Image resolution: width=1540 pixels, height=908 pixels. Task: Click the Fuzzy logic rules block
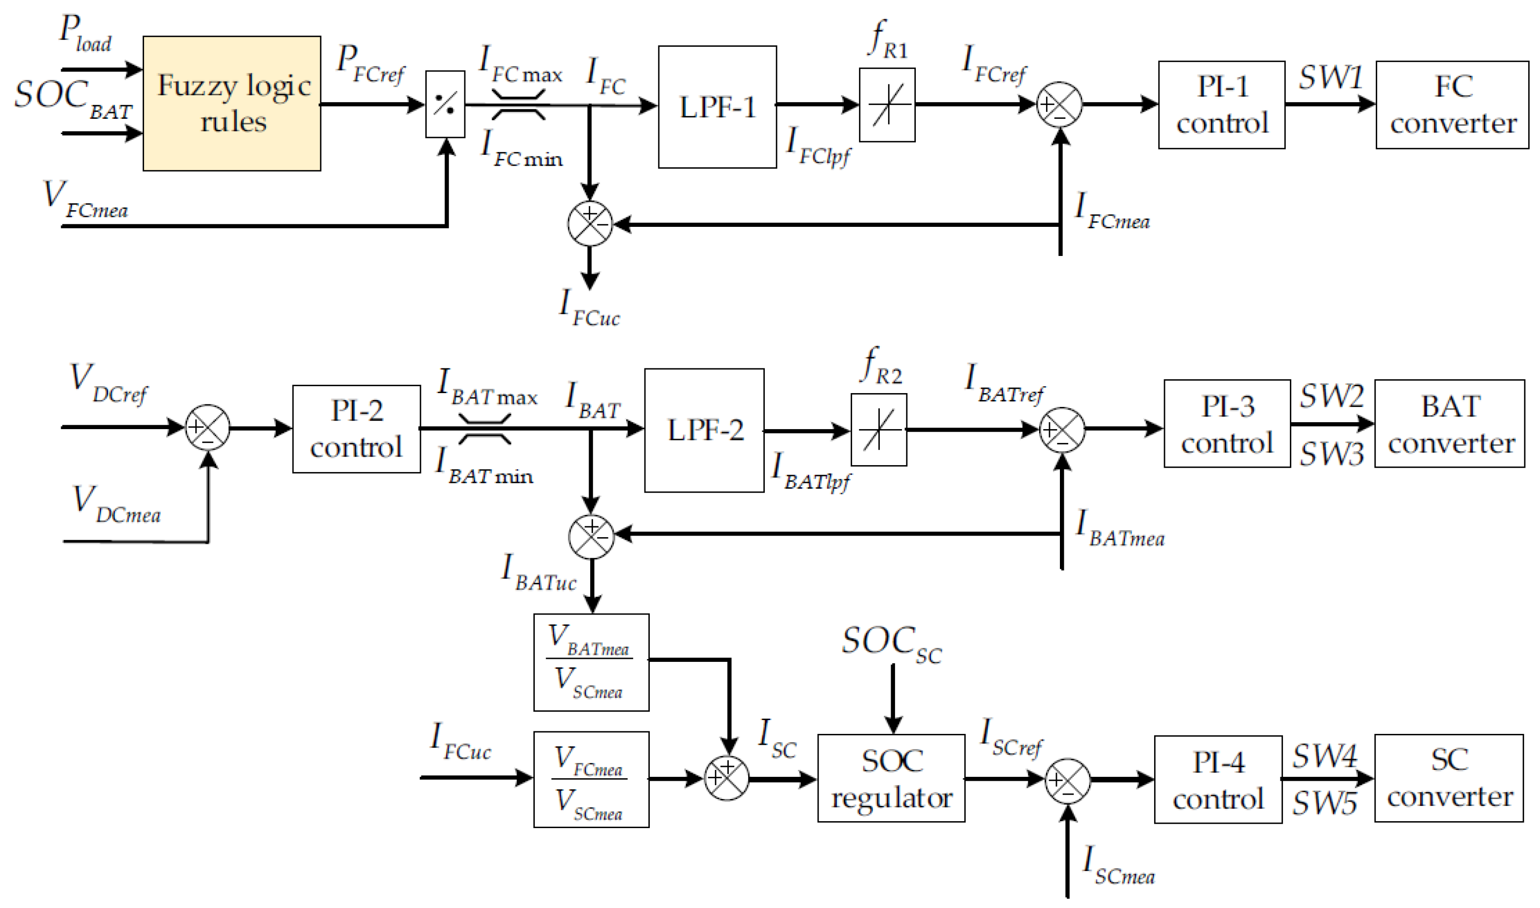pos(231,104)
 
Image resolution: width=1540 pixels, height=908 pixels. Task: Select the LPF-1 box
pos(717,107)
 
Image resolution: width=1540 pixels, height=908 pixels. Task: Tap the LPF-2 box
pos(704,430)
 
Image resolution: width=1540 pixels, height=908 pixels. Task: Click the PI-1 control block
pos(1221,105)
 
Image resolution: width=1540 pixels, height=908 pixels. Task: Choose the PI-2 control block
pos(356,429)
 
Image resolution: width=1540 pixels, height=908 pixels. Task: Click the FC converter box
pos(1451,105)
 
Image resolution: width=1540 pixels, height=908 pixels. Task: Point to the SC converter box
pos(1448,778)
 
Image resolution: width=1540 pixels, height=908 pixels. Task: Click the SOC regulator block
pos(891,778)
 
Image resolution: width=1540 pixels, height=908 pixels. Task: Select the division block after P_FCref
pos(445,104)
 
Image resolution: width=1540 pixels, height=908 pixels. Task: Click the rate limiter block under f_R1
pos(886,105)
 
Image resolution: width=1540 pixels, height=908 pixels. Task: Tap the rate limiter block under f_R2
pos(878,430)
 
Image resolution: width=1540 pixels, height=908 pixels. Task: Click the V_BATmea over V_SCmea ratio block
pos(591,663)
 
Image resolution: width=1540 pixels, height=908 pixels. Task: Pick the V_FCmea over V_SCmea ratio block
pos(591,779)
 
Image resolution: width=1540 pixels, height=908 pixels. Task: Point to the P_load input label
pos(85,34)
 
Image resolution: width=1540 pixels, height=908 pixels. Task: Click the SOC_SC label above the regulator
pos(891,644)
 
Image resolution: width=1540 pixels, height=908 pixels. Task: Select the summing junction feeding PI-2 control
pos(208,427)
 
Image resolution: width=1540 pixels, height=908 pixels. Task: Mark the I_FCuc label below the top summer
pos(589,309)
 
